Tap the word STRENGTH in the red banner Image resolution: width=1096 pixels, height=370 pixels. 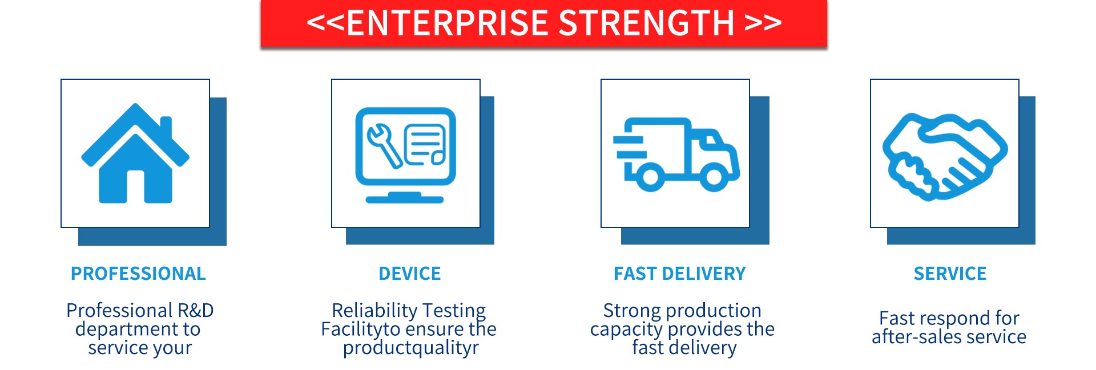pos(646,23)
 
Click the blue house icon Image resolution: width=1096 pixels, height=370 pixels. pos(135,153)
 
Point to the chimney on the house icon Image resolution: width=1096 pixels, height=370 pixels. pos(166,127)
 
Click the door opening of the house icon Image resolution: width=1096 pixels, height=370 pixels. pos(135,186)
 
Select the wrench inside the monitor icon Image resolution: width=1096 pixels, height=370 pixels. pos(384,145)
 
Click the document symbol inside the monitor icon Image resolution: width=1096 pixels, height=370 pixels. pos(425,145)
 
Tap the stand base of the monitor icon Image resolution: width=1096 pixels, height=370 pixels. pos(405,198)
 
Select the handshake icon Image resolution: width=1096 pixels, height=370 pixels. pos(945,157)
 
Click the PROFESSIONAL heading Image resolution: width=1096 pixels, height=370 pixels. pos(138,274)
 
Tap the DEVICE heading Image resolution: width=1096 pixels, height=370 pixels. pos(410,274)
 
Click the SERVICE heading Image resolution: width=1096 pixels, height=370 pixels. pos(950,274)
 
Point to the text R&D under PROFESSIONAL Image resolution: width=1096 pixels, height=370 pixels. pos(196,310)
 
